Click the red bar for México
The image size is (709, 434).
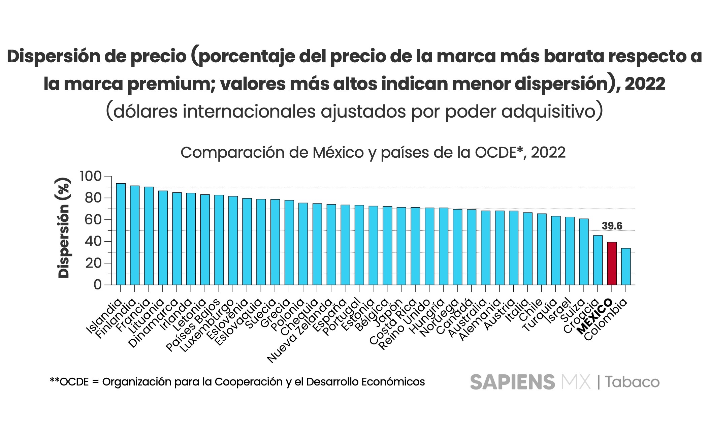(x=612, y=263)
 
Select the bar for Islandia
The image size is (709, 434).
(x=121, y=234)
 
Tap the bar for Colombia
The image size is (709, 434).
(x=626, y=267)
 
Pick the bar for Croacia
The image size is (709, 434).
(x=598, y=260)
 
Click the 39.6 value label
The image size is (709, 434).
(x=612, y=226)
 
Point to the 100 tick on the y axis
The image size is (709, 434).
(x=90, y=176)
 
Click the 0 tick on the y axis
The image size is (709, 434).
(x=97, y=285)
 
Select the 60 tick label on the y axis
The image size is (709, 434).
(x=93, y=220)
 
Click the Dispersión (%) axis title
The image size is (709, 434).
(x=64, y=228)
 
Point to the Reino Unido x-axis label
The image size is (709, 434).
(x=405, y=324)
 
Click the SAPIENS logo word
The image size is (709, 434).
(x=512, y=382)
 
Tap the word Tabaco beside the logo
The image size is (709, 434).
(x=632, y=382)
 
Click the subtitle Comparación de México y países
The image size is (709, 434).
(x=373, y=153)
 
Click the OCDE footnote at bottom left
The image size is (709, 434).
(x=237, y=382)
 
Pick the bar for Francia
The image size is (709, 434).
(x=149, y=236)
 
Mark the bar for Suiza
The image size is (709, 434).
(x=584, y=252)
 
